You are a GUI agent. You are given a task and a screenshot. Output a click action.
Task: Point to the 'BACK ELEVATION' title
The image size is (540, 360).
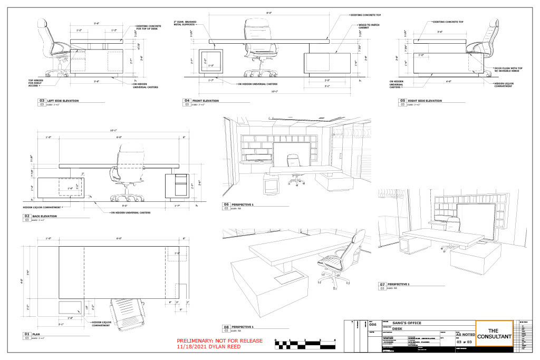(x=44, y=216)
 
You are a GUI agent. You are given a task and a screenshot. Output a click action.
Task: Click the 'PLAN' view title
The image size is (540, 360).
(x=36, y=334)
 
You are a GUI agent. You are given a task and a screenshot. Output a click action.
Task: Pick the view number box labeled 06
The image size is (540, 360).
(x=227, y=205)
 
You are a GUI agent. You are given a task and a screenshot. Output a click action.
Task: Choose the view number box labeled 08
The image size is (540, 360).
(x=227, y=327)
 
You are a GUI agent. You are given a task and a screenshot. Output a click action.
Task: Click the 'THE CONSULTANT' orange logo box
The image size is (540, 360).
(x=494, y=334)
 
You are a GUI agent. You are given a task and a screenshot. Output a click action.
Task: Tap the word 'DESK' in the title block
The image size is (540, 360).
(x=397, y=328)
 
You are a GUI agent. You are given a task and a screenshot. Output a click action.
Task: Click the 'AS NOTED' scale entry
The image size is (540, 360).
(x=466, y=334)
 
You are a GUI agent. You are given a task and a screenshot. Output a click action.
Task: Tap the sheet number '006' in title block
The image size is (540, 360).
(x=373, y=325)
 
